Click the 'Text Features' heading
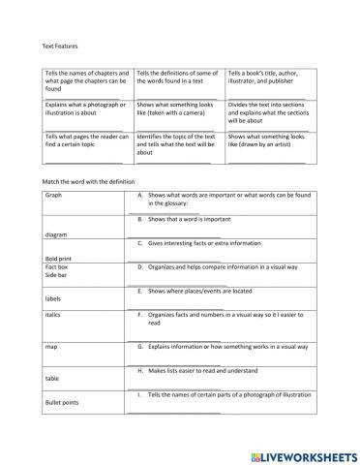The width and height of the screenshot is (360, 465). click(x=56, y=46)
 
